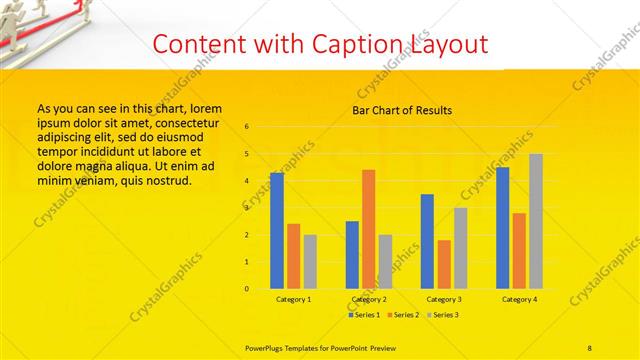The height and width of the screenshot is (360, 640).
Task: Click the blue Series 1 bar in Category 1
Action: (x=277, y=231)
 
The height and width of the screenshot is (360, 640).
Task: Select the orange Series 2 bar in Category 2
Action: (x=369, y=229)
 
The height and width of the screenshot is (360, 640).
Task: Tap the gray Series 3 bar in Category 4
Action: (x=536, y=221)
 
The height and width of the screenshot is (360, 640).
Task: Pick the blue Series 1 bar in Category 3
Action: (x=427, y=241)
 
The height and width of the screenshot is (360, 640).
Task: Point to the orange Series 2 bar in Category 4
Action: (x=519, y=251)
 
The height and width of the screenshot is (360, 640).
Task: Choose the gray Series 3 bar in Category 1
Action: (x=310, y=262)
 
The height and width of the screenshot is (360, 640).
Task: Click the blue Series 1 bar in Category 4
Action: (x=503, y=228)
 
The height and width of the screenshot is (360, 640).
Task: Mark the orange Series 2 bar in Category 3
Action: (x=444, y=264)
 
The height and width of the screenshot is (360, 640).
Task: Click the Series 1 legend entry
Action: (x=364, y=315)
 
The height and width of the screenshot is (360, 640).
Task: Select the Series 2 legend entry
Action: (x=403, y=315)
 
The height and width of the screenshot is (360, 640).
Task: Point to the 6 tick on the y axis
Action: (x=248, y=126)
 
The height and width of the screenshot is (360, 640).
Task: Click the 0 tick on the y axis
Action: (x=248, y=289)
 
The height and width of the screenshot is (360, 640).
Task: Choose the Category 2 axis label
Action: (x=369, y=299)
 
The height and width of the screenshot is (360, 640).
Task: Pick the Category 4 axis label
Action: (x=519, y=299)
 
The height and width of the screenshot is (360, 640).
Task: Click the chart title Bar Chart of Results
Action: (x=402, y=110)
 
